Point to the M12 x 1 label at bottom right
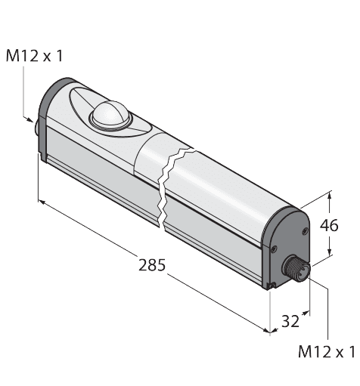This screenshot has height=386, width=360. pos(327,351)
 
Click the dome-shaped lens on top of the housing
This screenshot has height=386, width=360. pos(107,116)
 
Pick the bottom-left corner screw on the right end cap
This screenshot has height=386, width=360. pos(270,286)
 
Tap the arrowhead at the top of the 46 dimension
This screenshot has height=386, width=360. pos(330,199)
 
